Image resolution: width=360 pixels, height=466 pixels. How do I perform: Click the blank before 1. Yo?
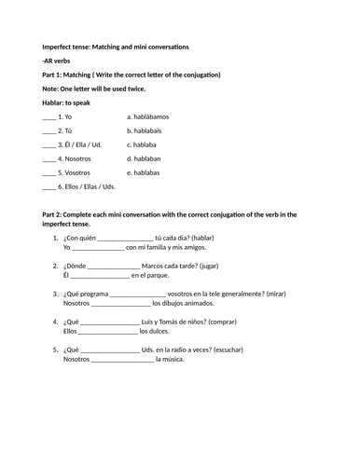pyautogui.click(x=48, y=117)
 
